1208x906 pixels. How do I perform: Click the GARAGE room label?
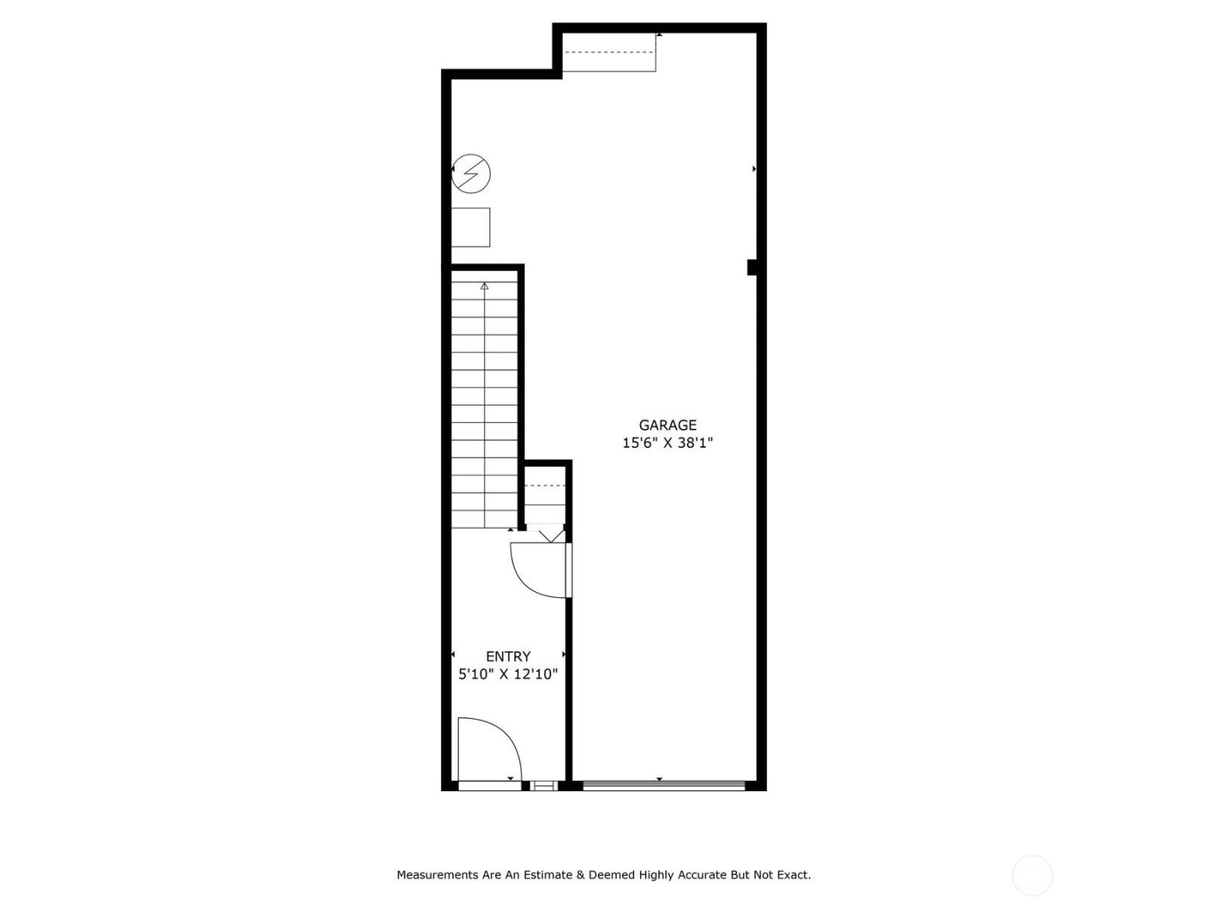pyautogui.click(x=667, y=425)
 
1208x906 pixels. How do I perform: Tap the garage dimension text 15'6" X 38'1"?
pyautogui.click(x=667, y=444)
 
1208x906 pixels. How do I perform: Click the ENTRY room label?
pyautogui.click(x=508, y=657)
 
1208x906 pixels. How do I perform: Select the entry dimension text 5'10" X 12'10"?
pyautogui.click(x=508, y=675)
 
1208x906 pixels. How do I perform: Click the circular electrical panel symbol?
pyautogui.click(x=471, y=173)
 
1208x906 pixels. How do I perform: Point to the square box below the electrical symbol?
pyautogui.click(x=470, y=228)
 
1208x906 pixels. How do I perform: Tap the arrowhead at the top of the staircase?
pyautogui.click(x=484, y=286)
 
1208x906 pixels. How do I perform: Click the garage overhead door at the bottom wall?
pyautogui.click(x=663, y=785)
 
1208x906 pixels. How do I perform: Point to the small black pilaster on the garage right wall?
pyautogui.click(x=752, y=267)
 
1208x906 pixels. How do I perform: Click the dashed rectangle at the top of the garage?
pyautogui.click(x=610, y=53)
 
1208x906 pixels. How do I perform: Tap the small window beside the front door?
pyautogui.click(x=544, y=785)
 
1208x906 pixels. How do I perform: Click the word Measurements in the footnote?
pyautogui.click(x=437, y=875)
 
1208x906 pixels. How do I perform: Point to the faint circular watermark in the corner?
pyautogui.click(x=1032, y=875)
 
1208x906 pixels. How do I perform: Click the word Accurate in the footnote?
pyautogui.click(x=699, y=875)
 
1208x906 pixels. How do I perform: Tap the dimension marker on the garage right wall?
pyautogui.click(x=754, y=169)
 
